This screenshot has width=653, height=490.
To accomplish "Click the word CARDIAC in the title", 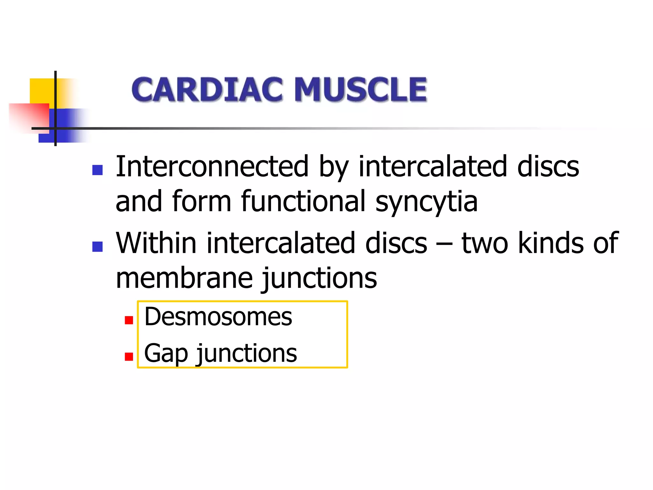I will (207, 90).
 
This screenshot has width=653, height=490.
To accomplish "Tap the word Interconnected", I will (212, 167).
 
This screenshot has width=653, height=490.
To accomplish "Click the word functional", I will (303, 201).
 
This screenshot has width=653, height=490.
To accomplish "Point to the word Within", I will (156, 243).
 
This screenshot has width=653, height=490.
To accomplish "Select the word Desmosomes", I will (218, 317).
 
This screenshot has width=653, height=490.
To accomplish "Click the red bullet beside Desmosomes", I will (129, 320).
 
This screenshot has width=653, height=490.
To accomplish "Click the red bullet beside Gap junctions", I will (129, 356).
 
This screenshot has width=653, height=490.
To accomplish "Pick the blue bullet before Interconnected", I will (97, 170).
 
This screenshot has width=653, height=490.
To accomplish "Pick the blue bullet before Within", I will (97, 247).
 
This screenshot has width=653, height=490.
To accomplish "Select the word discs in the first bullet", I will (548, 167).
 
